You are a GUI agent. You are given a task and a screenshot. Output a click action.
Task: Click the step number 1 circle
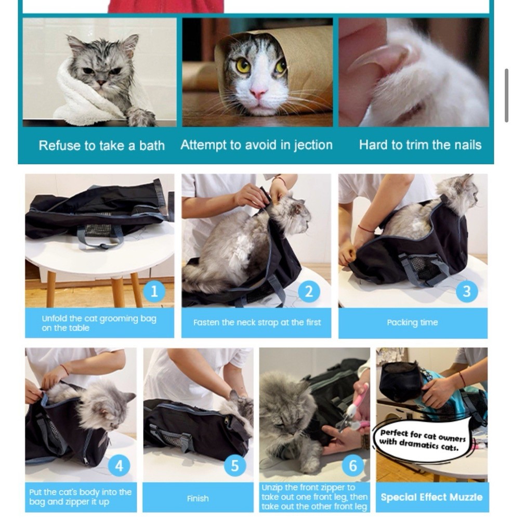click(153, 292)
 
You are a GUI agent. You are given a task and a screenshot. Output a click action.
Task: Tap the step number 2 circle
click(309, 292)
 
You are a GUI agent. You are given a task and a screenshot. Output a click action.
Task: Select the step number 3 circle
click(466, 292)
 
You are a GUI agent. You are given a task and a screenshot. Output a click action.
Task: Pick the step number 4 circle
click(119, 465)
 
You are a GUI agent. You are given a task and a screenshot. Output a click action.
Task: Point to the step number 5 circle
click(235, 465)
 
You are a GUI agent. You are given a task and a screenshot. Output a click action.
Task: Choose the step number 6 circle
click(353, 465)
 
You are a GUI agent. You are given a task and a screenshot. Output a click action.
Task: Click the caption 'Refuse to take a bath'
click(101, 146)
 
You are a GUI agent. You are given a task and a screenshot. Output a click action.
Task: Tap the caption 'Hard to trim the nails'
click(420, 145)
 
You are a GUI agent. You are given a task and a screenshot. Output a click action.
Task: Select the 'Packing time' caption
click(412, 323)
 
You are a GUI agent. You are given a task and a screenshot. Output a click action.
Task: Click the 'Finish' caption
click(198, 498)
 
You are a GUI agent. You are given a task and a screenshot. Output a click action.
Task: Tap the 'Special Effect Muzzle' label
click(431, 497)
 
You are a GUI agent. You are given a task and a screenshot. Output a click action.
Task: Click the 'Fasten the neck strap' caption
click(257, 322)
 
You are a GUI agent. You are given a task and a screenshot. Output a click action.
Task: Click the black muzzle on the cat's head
click(400, 382)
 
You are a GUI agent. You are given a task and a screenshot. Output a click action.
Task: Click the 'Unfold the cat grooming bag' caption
click(99, 323)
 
